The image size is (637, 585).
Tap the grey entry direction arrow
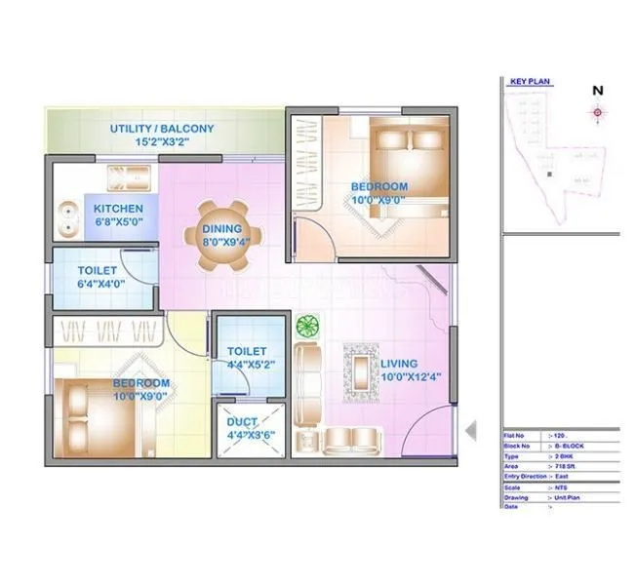point(470,430)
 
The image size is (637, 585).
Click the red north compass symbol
point(597,112)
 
